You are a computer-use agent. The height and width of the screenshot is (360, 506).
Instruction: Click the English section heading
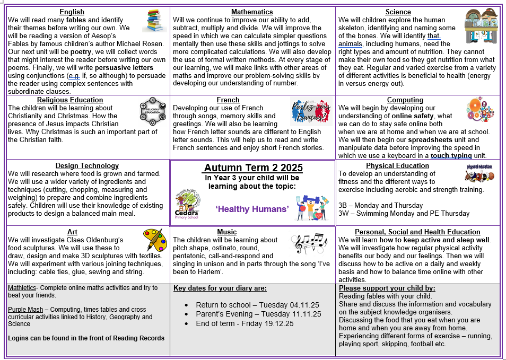point(72,12)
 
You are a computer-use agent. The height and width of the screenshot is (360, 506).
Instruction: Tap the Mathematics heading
point(252,12)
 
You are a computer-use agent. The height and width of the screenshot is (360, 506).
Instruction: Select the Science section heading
point(398,12)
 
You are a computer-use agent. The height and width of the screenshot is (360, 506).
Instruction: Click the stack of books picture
point(154,21)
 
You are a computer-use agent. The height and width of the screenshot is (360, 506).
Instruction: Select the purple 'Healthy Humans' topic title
point(252,209)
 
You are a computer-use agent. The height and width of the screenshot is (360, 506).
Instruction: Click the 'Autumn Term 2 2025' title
point(253,168)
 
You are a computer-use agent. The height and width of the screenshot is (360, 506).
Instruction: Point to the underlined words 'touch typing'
point(453,156)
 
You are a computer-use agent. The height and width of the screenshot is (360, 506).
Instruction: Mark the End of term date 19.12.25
point(274,323)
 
